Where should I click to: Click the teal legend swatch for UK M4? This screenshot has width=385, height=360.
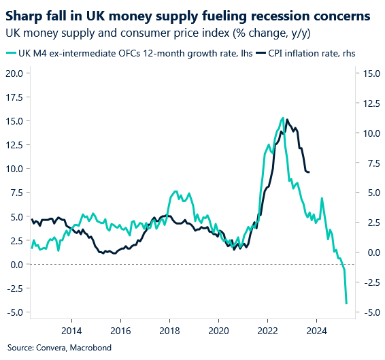pyautogui.click(x=11, y=53)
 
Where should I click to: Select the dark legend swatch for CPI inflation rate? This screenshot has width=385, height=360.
pyautogui.click(x=262, y=53)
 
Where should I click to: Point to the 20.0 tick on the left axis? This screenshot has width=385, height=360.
pyautogui.click(x=14, y=73)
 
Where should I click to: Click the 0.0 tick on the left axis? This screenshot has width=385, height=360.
pyautogui.click(x=16, y=264)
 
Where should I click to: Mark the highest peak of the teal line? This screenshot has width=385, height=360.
pyautogui.click(x=282, y=118)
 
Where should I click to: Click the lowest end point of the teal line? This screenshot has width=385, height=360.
pyautogui.click(x=346, y=304)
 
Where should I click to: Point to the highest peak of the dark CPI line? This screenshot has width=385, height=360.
pyautogui.click(x=287, y=120)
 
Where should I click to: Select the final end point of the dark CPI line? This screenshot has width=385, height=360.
pyautogui.click(x=309, y=172)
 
